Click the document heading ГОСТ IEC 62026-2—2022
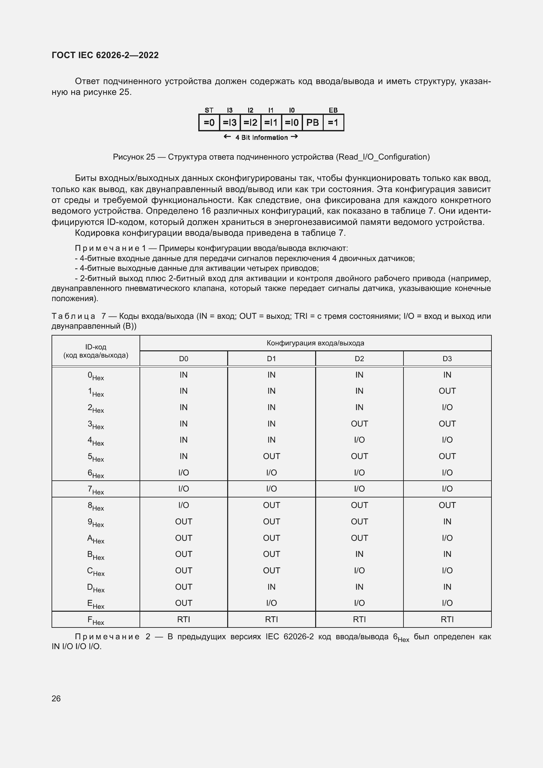tap(105, 55)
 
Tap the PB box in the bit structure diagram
tap(312, 123)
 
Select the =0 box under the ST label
tap(209, 123)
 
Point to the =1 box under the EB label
tap(333, 123)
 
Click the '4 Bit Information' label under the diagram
tap(261, 138)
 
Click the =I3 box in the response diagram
tap(230, 123)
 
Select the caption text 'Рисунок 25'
tap(134, 157)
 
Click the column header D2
tap(359, 359)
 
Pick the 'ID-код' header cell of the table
tap(96, 351)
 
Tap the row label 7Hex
tap(96, 489)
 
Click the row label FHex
tap(96, 620)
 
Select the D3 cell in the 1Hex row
tap(447, 391)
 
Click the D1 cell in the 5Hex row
tap(271, 456)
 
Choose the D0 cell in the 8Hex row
tap(184, 505)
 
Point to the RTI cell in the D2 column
tap(359, 619)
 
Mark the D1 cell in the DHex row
tap(271, 587)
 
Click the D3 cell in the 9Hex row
tap(447, 521)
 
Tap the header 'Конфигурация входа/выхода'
tap(315, 343)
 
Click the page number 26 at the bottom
tap(56, 698)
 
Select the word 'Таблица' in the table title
tap(73, 316)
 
